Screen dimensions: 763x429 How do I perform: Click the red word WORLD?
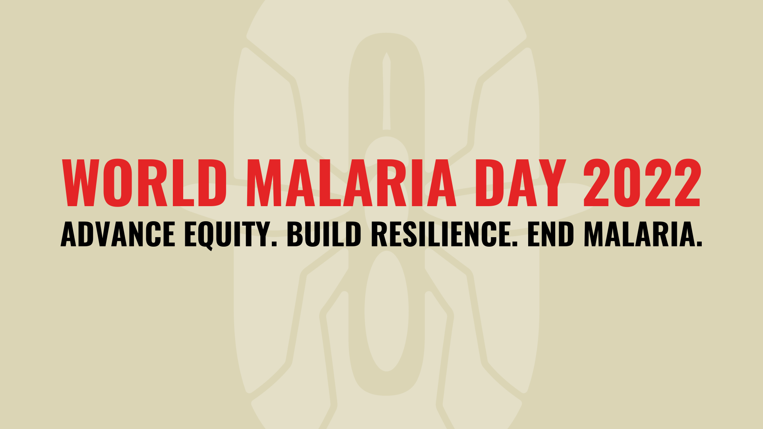coord(144,183)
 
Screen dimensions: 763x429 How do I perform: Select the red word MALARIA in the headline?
coord(352,183)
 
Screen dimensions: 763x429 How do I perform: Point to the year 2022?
coord(642,183)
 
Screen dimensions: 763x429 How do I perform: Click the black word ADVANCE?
coord(118,234)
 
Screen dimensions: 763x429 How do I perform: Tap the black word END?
coord(551,234)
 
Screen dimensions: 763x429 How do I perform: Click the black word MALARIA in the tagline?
coord(639,234)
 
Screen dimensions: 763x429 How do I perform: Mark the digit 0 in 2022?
coord(627,183)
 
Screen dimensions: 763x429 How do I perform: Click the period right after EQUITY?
coord(274,244)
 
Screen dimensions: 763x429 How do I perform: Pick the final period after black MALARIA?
coord(699,244)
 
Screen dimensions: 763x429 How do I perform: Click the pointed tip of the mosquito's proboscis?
coord(386,53)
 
